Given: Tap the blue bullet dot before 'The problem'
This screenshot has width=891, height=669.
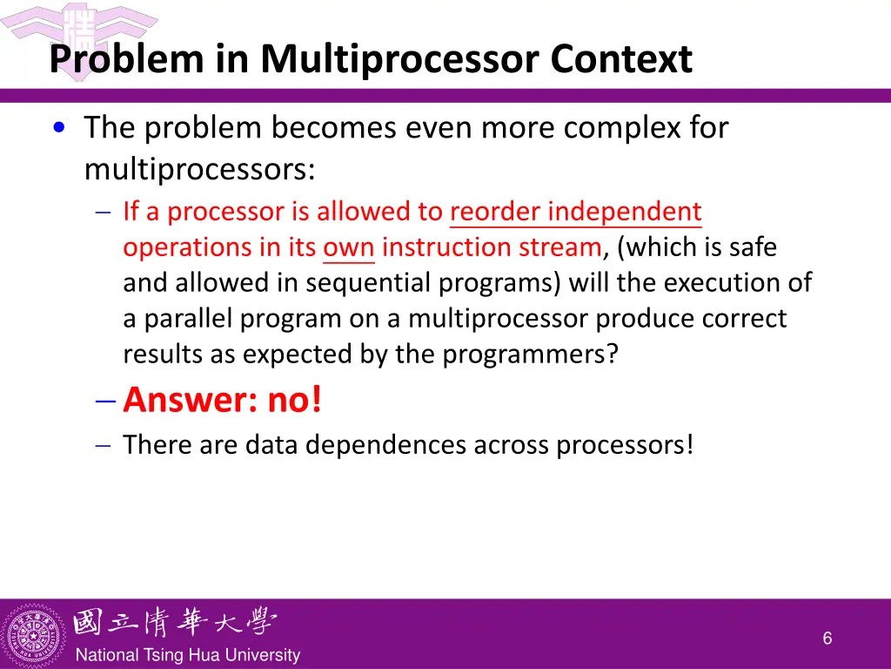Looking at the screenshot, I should tap(57, 128).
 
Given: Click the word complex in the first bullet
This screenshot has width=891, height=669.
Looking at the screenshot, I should tap(622, 128).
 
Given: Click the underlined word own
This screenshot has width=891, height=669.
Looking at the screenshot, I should tap(348, 247).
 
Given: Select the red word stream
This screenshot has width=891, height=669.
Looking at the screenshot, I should tap(558, 247).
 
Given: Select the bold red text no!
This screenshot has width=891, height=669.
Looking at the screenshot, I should tap(294, 400).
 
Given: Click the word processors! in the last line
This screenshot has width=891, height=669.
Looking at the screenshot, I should tap(625, 444).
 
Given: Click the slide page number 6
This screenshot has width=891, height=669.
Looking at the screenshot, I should tap(827, 639).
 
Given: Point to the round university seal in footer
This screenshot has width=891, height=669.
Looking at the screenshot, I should tap(34, 633).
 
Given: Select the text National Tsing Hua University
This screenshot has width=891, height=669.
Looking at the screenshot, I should tap(188, 655).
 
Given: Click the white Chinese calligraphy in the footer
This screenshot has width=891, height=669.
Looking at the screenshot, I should tap(175, 622).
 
